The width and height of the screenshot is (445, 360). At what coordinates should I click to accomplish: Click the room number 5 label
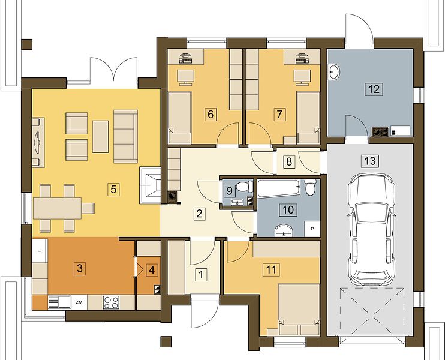click(x=113, y=189)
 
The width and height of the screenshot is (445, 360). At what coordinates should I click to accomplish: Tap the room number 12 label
click(x=374, y=89)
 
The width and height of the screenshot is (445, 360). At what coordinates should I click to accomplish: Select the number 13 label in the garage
click(x=371, y=161)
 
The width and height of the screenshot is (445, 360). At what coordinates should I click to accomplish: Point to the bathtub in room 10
click(x=279, y=188)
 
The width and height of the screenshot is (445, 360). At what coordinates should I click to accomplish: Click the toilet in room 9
click(x=243, y=186)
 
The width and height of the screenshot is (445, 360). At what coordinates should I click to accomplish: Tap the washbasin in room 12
click(x=333, y=71)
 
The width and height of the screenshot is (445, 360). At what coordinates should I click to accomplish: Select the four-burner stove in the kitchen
click(x=111, y=302)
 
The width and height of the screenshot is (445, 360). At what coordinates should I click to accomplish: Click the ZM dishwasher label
click(x=79, y=302)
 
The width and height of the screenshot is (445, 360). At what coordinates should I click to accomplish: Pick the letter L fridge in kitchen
click(x=40, y=250)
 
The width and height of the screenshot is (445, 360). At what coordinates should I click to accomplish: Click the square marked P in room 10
click(x=312, y=229)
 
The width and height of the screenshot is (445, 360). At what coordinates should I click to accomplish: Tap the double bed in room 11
click(x=299, y=310)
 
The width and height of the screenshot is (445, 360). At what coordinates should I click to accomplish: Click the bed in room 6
click(x=179, y=118)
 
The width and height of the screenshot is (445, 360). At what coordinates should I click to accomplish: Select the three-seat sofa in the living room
click(x=126, y=137)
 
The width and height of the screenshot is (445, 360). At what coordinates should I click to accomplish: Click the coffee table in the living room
click(x=101, y=137)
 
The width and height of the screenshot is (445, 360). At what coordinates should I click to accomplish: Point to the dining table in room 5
click(x=57, y=208)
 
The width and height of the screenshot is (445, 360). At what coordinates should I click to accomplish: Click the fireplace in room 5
click(x=150, y=185)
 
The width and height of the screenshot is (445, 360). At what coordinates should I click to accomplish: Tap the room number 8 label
click(x=289, y=161)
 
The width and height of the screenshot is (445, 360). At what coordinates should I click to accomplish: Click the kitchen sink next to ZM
click(x=59, y=302)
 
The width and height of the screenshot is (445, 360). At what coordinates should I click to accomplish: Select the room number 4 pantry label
click(x=152, y=270)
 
